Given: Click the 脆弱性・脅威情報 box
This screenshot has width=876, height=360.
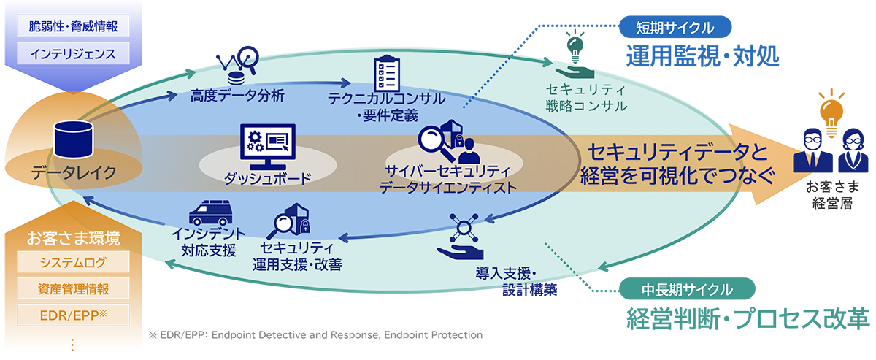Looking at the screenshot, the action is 73,26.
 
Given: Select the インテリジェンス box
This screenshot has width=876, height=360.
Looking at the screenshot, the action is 73,53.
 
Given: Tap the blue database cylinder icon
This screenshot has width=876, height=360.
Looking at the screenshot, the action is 74,139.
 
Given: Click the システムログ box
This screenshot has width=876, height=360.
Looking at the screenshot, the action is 73,261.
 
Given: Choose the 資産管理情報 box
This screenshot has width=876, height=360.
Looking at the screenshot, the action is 73,288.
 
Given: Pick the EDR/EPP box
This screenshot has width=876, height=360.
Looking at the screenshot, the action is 73,315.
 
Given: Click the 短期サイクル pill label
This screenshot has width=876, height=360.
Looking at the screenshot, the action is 675,27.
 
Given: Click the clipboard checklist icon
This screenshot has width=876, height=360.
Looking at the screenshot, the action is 387,73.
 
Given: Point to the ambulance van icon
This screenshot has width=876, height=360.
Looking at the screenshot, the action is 211,213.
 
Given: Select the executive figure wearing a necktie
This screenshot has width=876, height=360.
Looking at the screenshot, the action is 812,150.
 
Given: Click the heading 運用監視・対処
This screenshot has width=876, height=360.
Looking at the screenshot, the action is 703,56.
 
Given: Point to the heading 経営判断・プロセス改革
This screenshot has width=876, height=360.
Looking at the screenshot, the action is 748,319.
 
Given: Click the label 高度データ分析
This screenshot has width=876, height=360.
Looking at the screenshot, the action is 237,96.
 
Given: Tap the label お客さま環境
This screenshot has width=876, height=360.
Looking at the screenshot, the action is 73,238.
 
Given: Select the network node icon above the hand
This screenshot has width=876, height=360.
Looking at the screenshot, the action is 464,228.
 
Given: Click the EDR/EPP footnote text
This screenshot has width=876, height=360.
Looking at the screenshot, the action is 315,335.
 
